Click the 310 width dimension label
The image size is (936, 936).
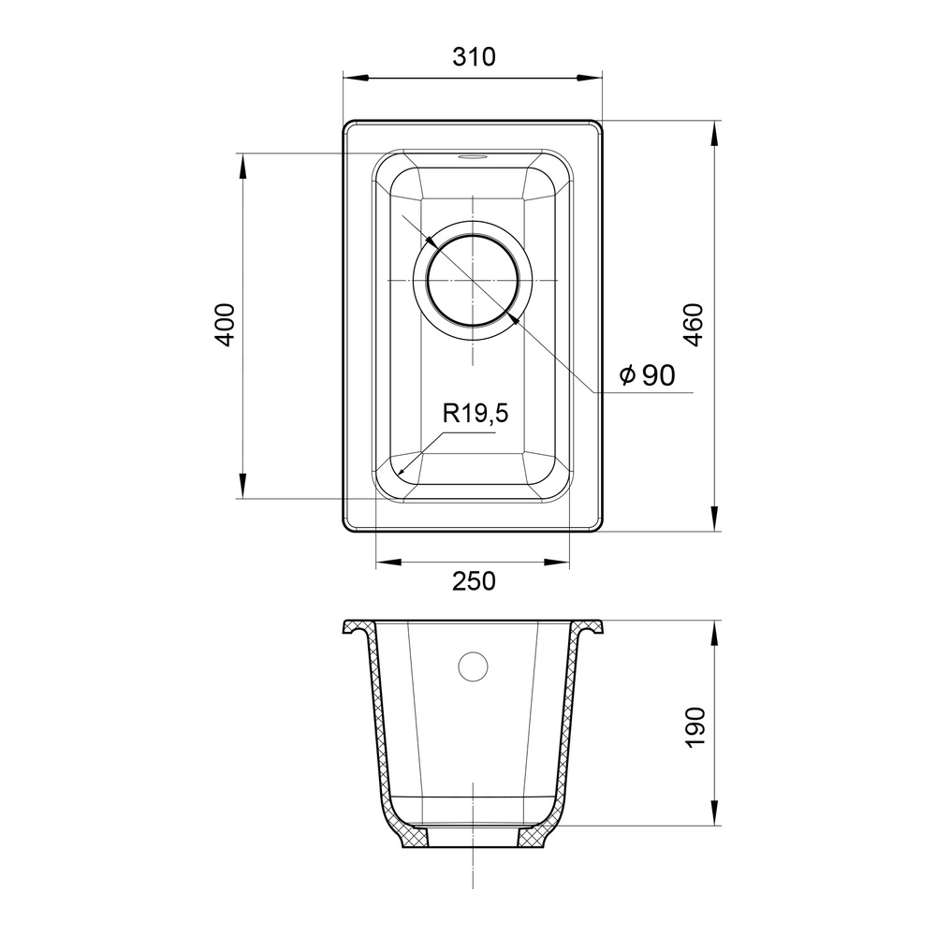474,57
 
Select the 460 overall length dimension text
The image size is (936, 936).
694,325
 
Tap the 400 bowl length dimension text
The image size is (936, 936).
225,325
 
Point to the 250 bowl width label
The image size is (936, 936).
474,581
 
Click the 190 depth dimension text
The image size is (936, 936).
695,727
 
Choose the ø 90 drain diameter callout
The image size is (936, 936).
648,375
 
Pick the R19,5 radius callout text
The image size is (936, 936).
475,413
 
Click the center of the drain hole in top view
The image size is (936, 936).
473,280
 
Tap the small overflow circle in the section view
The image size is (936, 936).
473,665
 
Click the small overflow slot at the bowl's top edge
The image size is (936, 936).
472,157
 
